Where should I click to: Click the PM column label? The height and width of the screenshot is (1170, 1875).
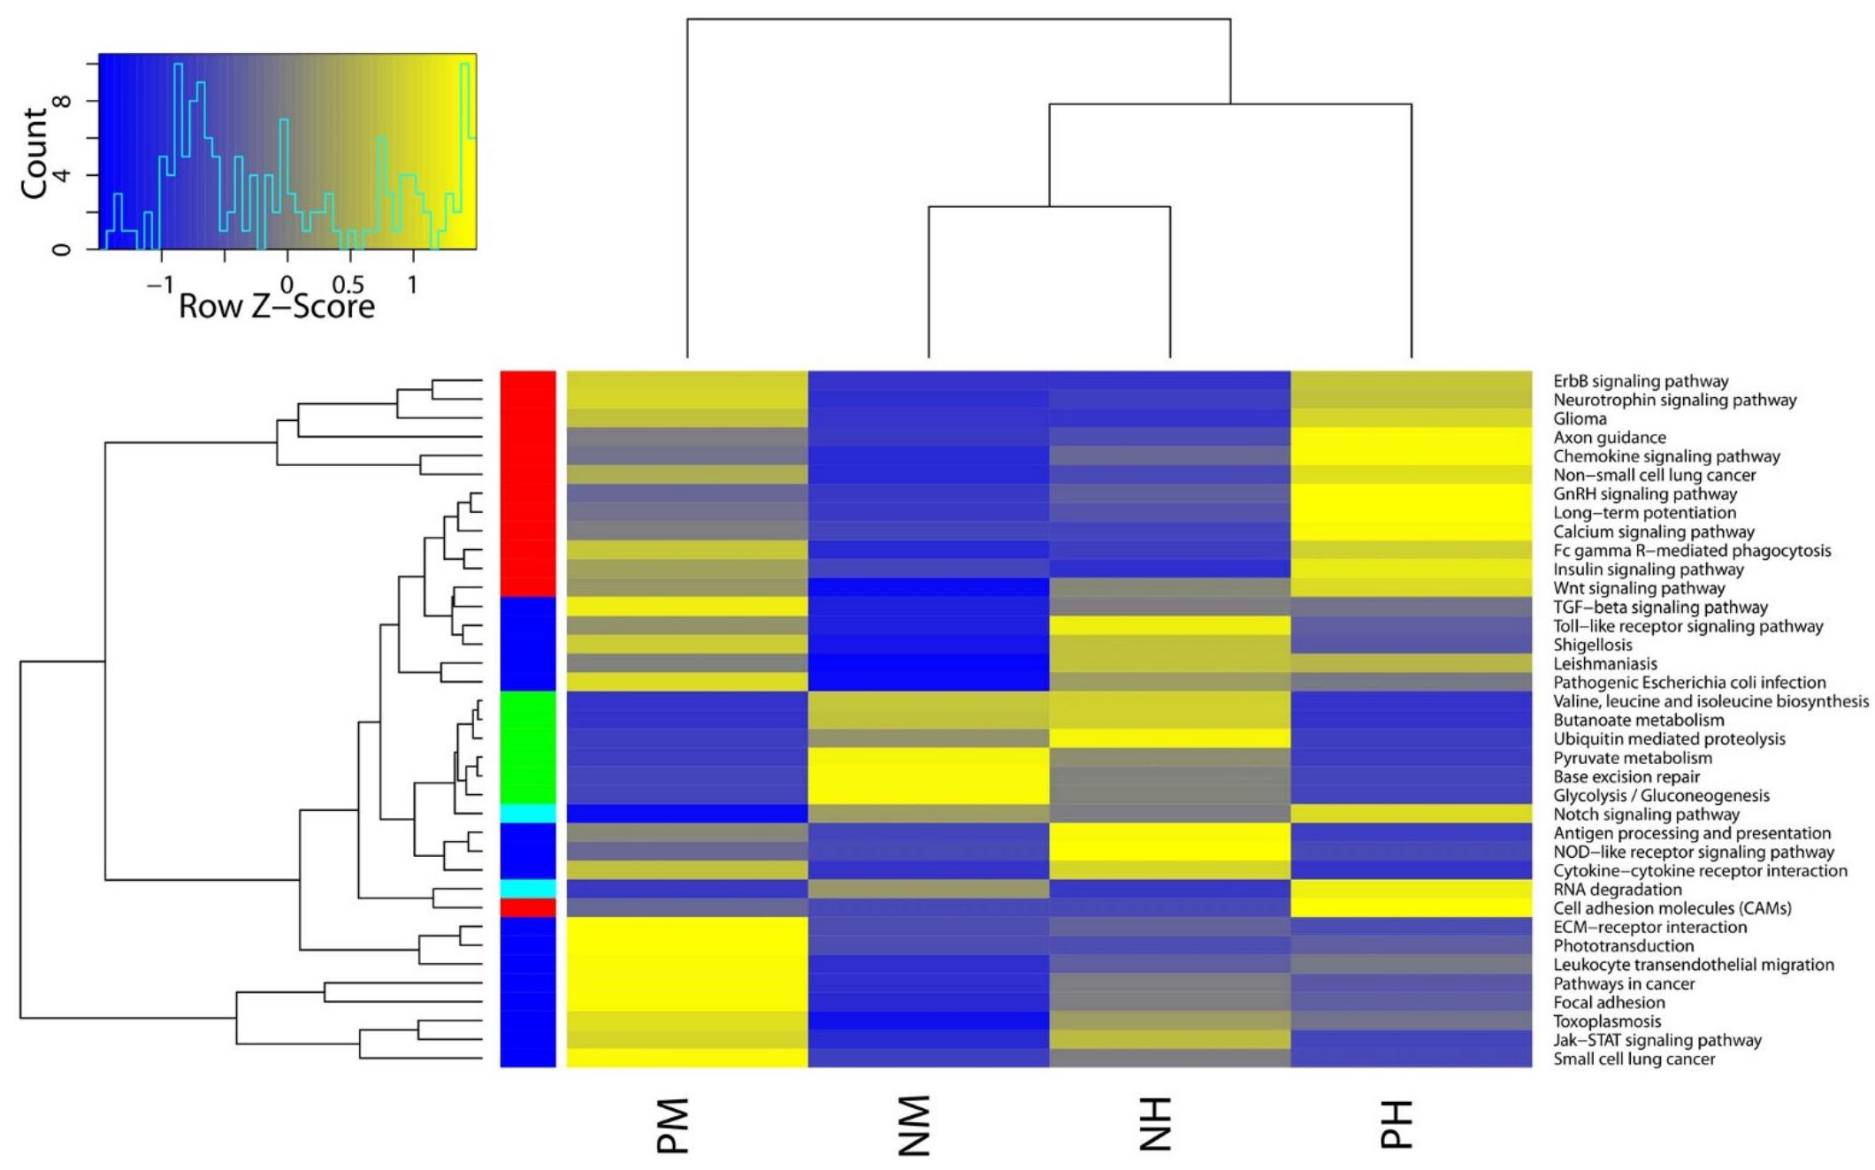pos(673,1126)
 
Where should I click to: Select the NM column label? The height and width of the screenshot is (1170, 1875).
pos(915,1126)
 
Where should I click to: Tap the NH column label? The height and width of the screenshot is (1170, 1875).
pos(1155,1124)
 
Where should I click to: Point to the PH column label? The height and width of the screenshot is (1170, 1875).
pos(1397,1124)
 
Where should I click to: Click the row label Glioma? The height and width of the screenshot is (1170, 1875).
pos(1580,419)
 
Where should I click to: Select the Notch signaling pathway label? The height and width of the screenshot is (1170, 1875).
pos(1646,814)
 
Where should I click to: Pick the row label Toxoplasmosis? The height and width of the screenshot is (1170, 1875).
pos(1607,1021)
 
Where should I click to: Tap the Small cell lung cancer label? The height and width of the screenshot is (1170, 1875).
pos(1634,1059)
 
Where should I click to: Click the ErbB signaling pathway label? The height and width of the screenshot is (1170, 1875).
pos(1641,381)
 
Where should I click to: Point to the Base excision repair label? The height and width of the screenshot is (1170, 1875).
pos(1626,776)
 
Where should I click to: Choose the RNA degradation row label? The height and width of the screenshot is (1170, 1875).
pos(1618,890)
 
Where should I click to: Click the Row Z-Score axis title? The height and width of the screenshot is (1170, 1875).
pos(277,307)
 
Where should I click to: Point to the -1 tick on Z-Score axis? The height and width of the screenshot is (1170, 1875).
pos(159,285)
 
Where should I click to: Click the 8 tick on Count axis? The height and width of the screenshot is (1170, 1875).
pos(62,101)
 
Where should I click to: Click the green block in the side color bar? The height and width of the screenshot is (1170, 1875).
pos(528,747)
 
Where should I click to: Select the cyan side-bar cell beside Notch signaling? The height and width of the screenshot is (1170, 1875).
pos(528,814)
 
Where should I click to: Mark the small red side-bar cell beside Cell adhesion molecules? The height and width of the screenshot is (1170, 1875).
pos(528,908)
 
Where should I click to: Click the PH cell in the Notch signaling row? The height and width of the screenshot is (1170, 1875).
pos(1411,814)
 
